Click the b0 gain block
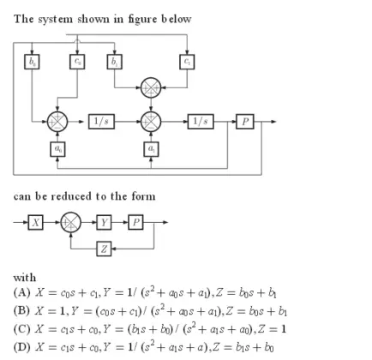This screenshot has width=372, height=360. [x=33, y=62]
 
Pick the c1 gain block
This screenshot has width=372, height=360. [x=188, y=62]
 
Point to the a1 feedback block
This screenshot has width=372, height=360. [x=151, y=149]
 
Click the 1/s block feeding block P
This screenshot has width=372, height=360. [x=202, y=120]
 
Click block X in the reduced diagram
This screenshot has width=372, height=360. [x=36, y=222]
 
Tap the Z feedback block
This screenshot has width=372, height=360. [x=104, y=249]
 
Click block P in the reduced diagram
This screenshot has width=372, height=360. [x=135, y=222]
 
